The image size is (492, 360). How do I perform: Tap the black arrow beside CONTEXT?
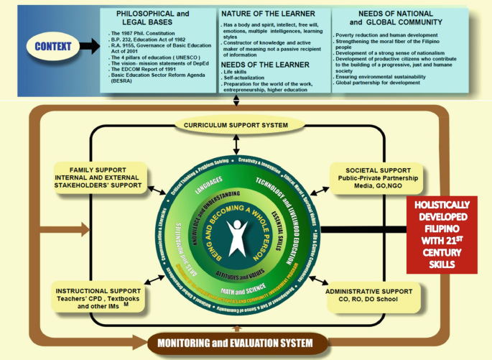(90, 47)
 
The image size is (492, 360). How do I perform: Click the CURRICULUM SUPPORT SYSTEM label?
(236, 125)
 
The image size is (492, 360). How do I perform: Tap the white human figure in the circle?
(237, 237)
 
